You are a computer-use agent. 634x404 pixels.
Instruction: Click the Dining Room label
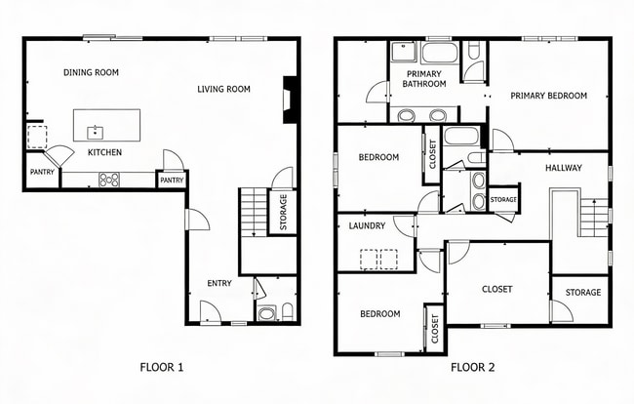(x=91, y=72)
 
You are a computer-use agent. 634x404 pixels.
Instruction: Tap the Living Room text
(x=223, y=90)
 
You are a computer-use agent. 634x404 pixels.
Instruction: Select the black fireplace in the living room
(x=290, y=100)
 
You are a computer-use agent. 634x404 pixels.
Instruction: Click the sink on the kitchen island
(x=95, y=132)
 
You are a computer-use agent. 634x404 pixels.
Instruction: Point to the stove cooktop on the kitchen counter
(x=109, y=179)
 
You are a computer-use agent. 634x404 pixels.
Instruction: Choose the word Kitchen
(x=104, y=153)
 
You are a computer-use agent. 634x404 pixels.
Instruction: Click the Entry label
(x=219, y=284)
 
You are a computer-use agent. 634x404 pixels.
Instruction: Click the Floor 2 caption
(x=472, y=368)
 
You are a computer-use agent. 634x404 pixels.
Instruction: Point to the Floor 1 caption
(x=162, y=368)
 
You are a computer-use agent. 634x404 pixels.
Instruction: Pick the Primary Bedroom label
(x=548, y=96)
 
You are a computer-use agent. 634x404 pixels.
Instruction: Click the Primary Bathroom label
(x=424, y=79)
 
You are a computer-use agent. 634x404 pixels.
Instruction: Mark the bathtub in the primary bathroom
(x=438, y=52)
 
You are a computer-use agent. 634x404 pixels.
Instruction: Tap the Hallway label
(x=563, y=168)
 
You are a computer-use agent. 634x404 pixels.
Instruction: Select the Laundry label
(x=367, y=226)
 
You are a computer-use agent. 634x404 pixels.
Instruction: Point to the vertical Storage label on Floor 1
(x=283, y=213)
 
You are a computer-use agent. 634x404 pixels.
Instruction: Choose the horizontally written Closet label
(x=496, y=289)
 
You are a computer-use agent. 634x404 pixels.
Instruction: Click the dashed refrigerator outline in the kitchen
(x=35, y=136)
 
